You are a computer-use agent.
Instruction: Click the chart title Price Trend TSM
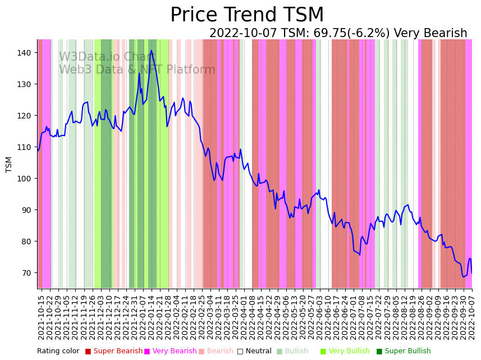click(x=247, y=15)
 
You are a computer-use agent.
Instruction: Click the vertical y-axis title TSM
click(x=9, y=164)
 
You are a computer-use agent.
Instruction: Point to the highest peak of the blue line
click(x=151, y=51)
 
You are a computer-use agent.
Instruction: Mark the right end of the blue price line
click(x=471, y=274)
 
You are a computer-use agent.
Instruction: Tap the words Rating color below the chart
click(x=58, y=352)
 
